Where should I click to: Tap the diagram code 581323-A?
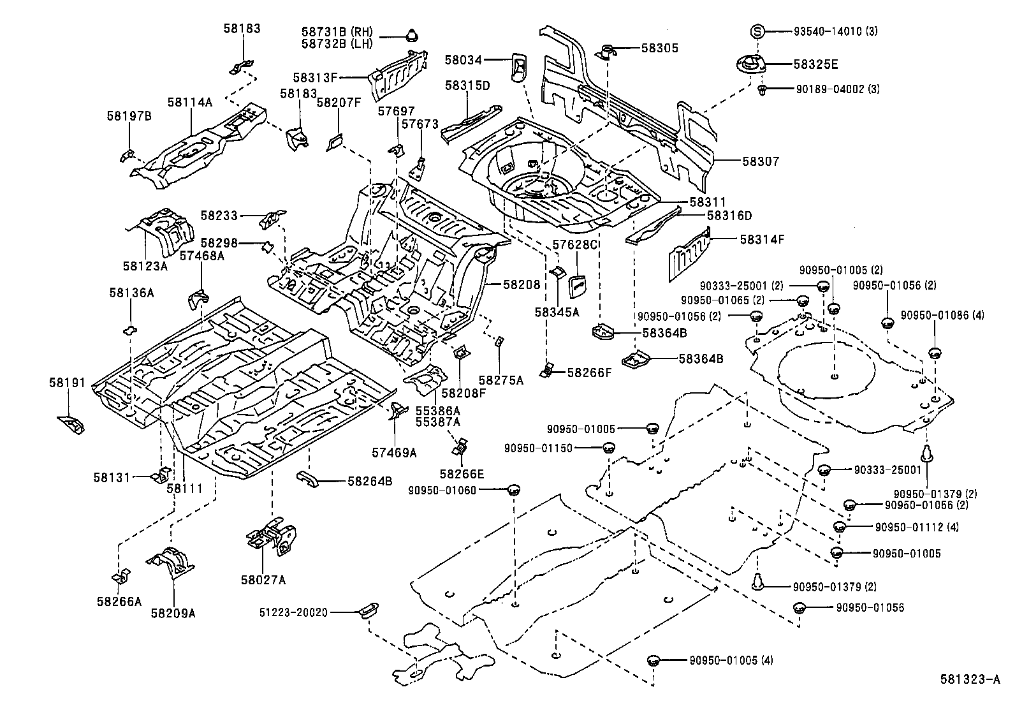(969, 680)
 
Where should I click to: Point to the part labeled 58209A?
(171, 561)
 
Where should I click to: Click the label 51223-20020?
(293, 612)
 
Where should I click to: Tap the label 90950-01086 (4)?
(942, 315)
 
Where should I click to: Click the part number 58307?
(761, 162)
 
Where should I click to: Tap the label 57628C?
(574, 244)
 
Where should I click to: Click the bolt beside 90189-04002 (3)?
(762, 91)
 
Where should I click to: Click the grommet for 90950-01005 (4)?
(653, 660)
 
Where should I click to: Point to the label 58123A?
(146, 265)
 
